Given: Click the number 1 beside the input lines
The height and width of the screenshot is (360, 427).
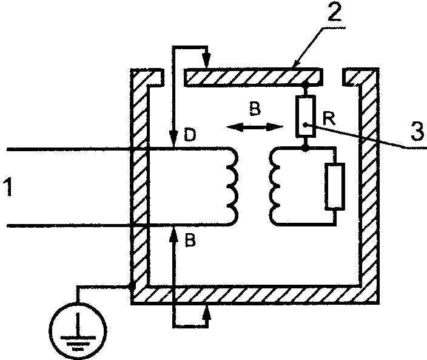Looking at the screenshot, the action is pos(8,186).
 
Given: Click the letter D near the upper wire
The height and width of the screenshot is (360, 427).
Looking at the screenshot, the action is pos(189,135).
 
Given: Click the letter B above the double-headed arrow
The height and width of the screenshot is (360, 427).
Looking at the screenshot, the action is pos(255,109).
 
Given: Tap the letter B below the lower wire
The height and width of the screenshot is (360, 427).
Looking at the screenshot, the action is pos(190,240).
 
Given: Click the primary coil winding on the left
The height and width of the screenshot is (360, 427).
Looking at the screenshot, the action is pos(232,186).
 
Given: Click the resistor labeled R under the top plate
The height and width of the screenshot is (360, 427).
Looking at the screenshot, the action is pos(305,115).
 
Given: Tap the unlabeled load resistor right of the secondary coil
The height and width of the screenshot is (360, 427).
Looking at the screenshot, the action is pos(335,186).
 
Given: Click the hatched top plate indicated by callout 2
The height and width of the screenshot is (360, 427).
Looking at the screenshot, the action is pos(253,77).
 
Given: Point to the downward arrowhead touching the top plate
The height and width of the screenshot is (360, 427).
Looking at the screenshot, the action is pos(207,61).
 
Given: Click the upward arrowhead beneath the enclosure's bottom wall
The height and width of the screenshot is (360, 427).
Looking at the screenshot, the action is pos(207,312).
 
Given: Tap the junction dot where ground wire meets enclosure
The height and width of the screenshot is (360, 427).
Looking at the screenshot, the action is pos(132,287).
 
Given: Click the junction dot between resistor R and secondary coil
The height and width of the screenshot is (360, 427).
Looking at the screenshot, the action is pos(305,148).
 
